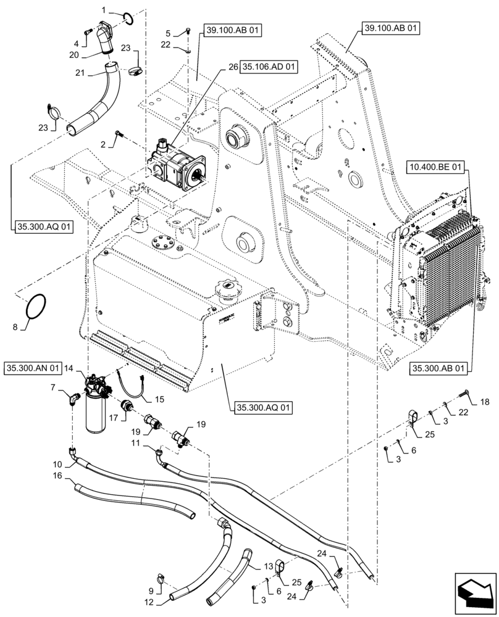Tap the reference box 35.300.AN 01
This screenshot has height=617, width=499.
point(33,368)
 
